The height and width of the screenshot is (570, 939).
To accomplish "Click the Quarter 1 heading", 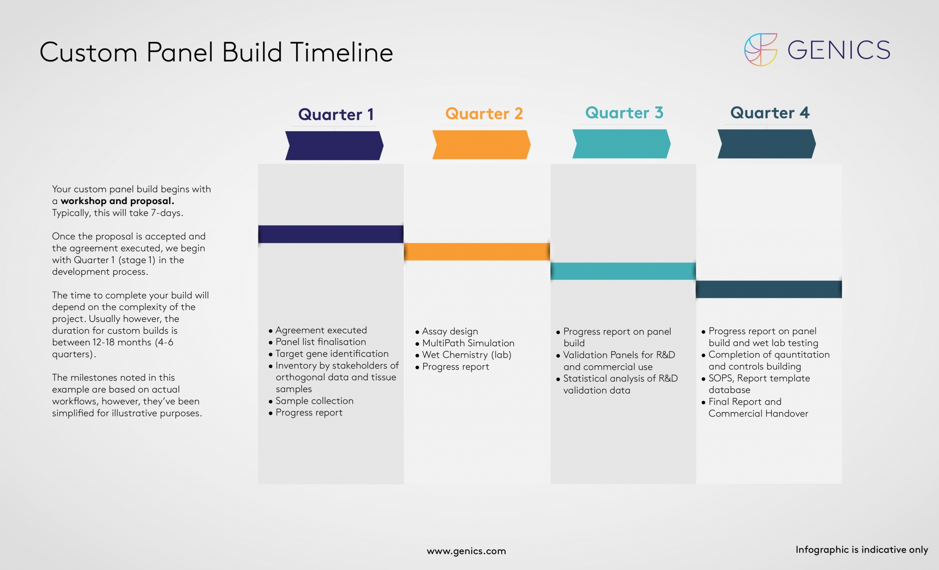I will (x=336, y=114).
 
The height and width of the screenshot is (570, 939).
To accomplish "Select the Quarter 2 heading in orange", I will (x=484, y=113).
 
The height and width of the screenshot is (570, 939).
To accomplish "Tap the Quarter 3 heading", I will (x=624, y=112).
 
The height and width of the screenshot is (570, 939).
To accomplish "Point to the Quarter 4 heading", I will (x=769, y=112).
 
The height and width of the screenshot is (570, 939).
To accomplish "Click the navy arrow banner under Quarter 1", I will (x=334, y=145).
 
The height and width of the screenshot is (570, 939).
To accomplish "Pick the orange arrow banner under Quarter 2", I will (x=481, y=144).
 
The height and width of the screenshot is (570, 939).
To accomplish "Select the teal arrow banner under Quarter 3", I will (x=621, y=144).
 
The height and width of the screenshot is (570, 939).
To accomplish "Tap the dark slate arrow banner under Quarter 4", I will (x=767, y=144).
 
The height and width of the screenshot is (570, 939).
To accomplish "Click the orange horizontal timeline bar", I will (x=477, y=252).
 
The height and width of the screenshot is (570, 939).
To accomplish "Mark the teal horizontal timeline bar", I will (x=623, y=271).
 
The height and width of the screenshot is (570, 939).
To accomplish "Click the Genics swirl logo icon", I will (x=761, y=50).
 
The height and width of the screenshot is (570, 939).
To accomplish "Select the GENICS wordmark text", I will (x=839, y=50).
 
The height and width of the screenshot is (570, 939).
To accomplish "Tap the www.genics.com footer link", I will (x=466, y=551).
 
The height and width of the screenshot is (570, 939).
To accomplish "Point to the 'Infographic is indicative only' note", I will (x=862, y=549).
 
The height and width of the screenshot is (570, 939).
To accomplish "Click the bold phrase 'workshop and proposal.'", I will (x=117, y=201).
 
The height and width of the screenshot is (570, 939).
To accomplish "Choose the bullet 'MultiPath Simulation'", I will (x=468, y=343).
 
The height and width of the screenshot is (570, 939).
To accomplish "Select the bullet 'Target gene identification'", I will (x=331, y=354).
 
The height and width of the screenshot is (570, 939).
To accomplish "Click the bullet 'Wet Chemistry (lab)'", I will (x=466, y=355).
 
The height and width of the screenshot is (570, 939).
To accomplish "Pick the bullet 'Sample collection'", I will (x=314, y=401).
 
